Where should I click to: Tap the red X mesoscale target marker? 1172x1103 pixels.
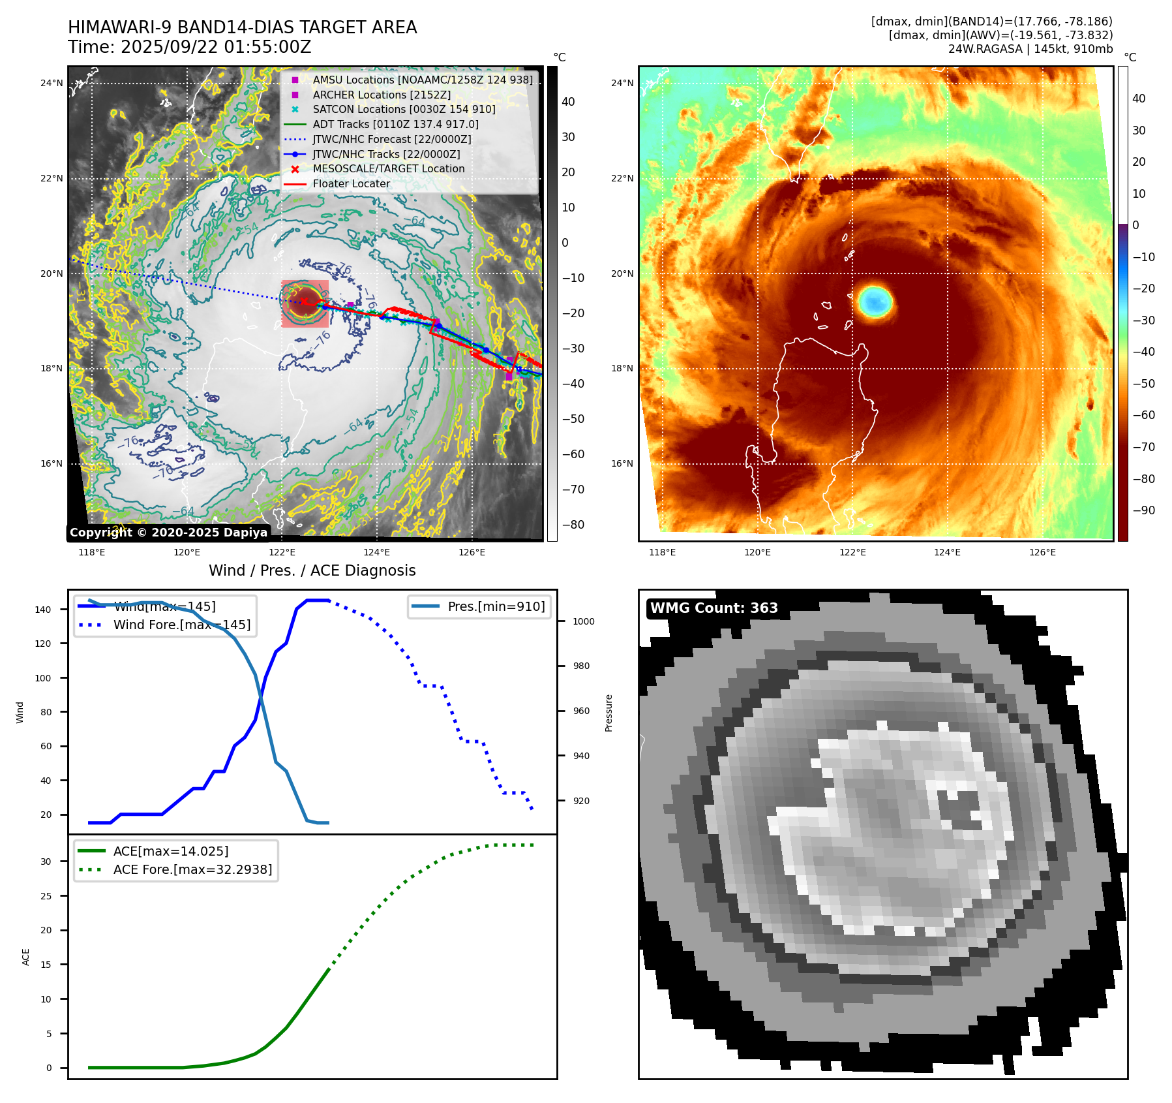tap(304, 301)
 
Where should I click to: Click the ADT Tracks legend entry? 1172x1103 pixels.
tap(395, 124)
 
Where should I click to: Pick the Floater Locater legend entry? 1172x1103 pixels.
tap(351, 184)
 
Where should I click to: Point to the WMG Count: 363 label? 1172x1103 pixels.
tap(714, 608)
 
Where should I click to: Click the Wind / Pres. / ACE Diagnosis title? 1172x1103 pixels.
tap(312, 570)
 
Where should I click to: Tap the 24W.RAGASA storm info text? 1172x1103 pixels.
tap(1030, 49)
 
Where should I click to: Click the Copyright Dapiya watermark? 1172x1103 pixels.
tap(168, 533)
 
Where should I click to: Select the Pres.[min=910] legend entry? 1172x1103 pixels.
tap(496, 606)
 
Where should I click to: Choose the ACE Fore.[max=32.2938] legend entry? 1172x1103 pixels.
tap(192, 869)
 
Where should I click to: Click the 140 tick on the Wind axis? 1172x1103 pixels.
tap(43, 610)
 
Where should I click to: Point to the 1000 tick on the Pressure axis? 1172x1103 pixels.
tap(583, 621)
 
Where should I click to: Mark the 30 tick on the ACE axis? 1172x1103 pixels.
tap(46, 862)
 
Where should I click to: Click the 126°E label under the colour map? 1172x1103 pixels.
tap(1042, 552)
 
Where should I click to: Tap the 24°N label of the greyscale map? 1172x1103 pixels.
tap(52, 83)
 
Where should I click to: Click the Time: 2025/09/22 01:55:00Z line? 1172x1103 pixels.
tap(189, 48)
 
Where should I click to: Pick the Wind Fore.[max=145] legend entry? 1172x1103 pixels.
tap(181, 625)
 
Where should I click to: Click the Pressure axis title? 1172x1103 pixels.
tap(609, 713)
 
